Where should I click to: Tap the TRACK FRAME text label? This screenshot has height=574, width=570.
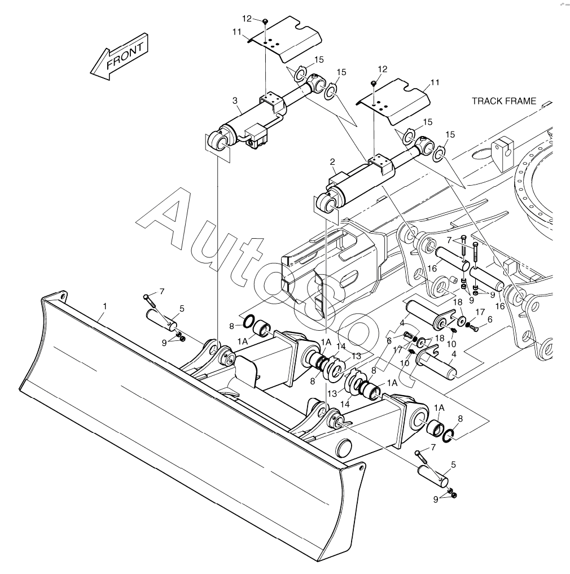click(x=504, y=101)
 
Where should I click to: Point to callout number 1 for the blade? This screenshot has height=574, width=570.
click(x=105, y=306)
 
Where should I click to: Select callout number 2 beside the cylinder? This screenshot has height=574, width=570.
click(x=332, y=162)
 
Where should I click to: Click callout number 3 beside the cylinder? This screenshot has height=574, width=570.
click(x=235, y=100)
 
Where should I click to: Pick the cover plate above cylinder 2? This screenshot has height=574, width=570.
click(x=393, y=100)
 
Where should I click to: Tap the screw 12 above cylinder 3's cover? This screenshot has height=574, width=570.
click(x=265, y=22)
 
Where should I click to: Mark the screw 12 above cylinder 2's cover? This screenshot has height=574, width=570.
click(x=374, y=84)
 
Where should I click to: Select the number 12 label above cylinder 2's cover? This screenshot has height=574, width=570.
click(x=382, y=69)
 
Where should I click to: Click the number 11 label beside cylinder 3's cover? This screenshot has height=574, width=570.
click(x=237, y=32)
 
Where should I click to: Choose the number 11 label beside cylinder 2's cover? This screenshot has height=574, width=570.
click(x=435, y=82)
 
